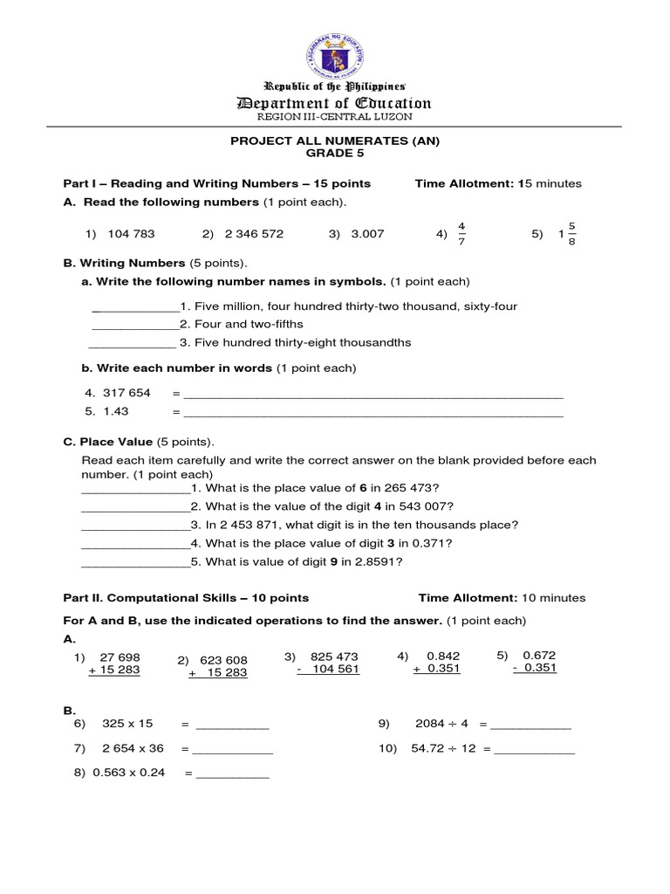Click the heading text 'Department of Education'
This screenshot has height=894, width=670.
[335, 104]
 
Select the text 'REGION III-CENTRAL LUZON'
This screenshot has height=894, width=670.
[335, 117]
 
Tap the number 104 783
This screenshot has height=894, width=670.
[131, 234]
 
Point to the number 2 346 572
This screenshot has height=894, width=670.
[254, 234]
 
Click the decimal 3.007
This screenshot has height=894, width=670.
[366, 234]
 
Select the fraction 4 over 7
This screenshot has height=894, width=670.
[461, 234]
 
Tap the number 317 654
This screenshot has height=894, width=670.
[126, 393]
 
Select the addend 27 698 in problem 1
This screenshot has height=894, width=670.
[120, 657]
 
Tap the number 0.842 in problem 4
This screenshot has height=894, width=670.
[443, 656]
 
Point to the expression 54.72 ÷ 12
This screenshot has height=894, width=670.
[443, 749]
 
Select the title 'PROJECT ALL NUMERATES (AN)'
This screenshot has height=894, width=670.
[335, 141]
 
